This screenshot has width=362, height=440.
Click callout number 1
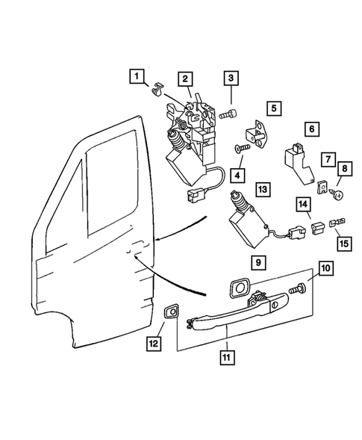(136, 75)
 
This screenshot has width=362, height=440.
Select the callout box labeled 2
(184, 79)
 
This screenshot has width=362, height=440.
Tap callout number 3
(231, 78)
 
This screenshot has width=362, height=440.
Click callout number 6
(311, 128)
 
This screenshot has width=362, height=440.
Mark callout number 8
(345, 169)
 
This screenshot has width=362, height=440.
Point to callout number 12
(153, 344)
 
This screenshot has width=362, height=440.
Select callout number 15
(344, 244)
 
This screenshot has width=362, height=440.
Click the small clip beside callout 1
(157, 91)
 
